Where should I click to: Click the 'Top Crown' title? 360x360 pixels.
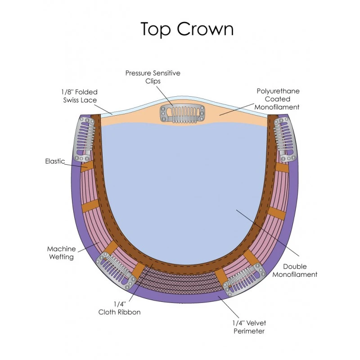pos(187,29)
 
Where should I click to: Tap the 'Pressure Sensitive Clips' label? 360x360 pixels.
pos(153,77)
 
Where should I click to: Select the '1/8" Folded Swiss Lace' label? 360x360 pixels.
pos(80,96)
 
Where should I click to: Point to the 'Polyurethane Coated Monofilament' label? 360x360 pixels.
pos(277,99)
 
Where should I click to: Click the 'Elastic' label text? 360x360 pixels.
pos(55,161)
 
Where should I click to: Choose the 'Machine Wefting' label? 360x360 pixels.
pos(61,253)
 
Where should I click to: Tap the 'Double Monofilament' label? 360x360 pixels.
pos(295,270)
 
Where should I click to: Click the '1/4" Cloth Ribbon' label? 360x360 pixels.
pos(119,308)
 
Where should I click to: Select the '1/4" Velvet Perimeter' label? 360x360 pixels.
pos(249,327)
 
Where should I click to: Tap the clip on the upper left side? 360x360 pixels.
pos(84,139)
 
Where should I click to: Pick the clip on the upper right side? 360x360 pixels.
pos(285,139)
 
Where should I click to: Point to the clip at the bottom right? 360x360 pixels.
pos(244,280)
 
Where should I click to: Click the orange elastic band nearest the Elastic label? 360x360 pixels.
pos(87,166)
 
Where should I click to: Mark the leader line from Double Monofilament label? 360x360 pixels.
pos(268,233)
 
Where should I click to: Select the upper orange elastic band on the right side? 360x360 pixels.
pos(282,167)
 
